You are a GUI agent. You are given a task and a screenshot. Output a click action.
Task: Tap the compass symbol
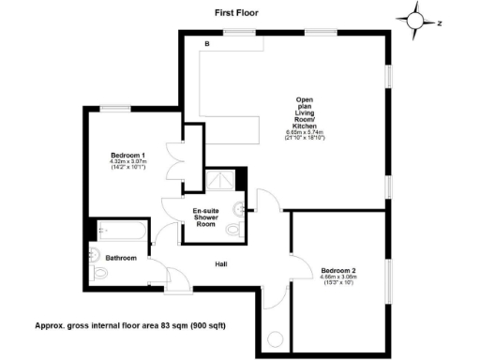[x=416, y=19]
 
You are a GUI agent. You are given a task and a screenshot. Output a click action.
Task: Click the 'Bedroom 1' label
[x=127, y=155]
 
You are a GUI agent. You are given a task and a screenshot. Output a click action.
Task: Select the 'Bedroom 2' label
[x=337, y=269]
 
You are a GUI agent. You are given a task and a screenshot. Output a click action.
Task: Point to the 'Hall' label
[x=221, y=263]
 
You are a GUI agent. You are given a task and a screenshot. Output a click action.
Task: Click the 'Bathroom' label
[x=121, y=258]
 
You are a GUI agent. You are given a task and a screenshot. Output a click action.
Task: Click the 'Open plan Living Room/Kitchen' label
[x=303, y=112]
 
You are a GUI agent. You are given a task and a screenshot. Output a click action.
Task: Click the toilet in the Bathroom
[x=98, y=270]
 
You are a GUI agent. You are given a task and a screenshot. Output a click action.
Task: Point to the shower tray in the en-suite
[x=221, y=179]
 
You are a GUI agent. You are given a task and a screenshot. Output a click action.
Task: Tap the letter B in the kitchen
[x=207, y=45]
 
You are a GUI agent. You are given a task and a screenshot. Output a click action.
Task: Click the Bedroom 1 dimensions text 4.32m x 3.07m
[x=127, y=162]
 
